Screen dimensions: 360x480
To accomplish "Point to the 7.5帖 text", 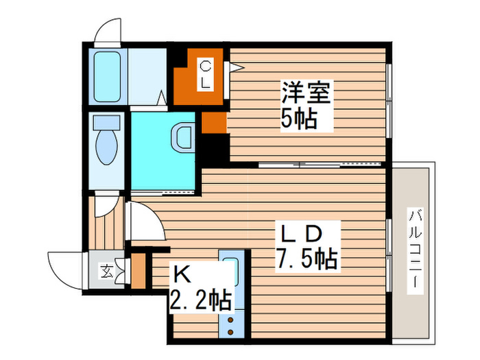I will (x=307, y=259).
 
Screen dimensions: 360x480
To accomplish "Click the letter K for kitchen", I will (x=182, y=274).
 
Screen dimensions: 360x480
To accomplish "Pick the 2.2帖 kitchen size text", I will (x=199, y=299).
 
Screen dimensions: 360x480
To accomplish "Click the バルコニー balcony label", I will (x=415, y=250).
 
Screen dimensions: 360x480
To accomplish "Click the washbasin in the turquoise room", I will (x=184, y=136).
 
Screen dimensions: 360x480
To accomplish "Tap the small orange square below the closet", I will (x=213, y=122).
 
